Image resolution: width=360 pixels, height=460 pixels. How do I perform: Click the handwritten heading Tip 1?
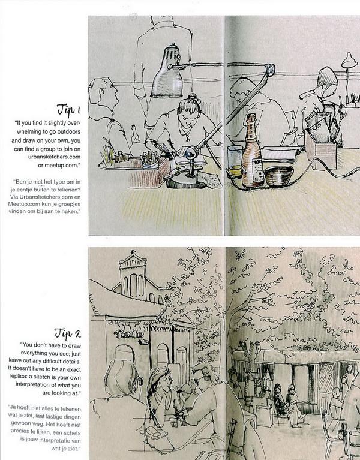click(x=68, y=110)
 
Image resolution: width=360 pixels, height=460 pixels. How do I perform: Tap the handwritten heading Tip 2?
click(x=67, y=333)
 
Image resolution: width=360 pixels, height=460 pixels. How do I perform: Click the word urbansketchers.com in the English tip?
click(x=54, y=157)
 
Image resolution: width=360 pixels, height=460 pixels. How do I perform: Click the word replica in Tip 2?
click(x=19, y=377)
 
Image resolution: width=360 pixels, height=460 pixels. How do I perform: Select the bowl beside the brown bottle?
click(x=279, y=176)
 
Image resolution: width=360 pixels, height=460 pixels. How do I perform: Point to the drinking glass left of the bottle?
click(x=235, y=161)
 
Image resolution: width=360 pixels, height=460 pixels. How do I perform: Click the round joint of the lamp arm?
click(x=270, y=69)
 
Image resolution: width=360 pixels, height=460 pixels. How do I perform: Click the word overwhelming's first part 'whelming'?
click(x=49, y=131)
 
